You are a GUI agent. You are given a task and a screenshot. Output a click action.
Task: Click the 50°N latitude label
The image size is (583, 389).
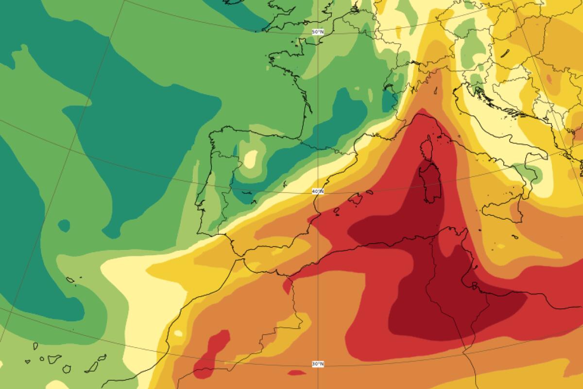coord(317,32)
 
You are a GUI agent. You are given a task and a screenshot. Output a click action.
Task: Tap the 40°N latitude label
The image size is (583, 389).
coord(318,192)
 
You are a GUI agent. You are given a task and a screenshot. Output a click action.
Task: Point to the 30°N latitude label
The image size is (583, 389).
coord(317,364)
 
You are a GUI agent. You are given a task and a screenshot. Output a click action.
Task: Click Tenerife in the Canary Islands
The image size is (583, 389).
coord(53,359)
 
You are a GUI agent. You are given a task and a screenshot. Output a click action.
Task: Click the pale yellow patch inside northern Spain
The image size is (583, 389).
coord(251,159)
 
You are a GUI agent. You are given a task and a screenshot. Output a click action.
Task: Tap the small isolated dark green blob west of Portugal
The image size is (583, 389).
coord(64,226)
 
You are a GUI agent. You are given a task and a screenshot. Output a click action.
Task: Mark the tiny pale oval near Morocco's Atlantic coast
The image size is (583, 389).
coord(178,333)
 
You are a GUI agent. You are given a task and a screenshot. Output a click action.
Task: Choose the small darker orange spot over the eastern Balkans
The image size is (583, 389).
coord(549,78)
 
